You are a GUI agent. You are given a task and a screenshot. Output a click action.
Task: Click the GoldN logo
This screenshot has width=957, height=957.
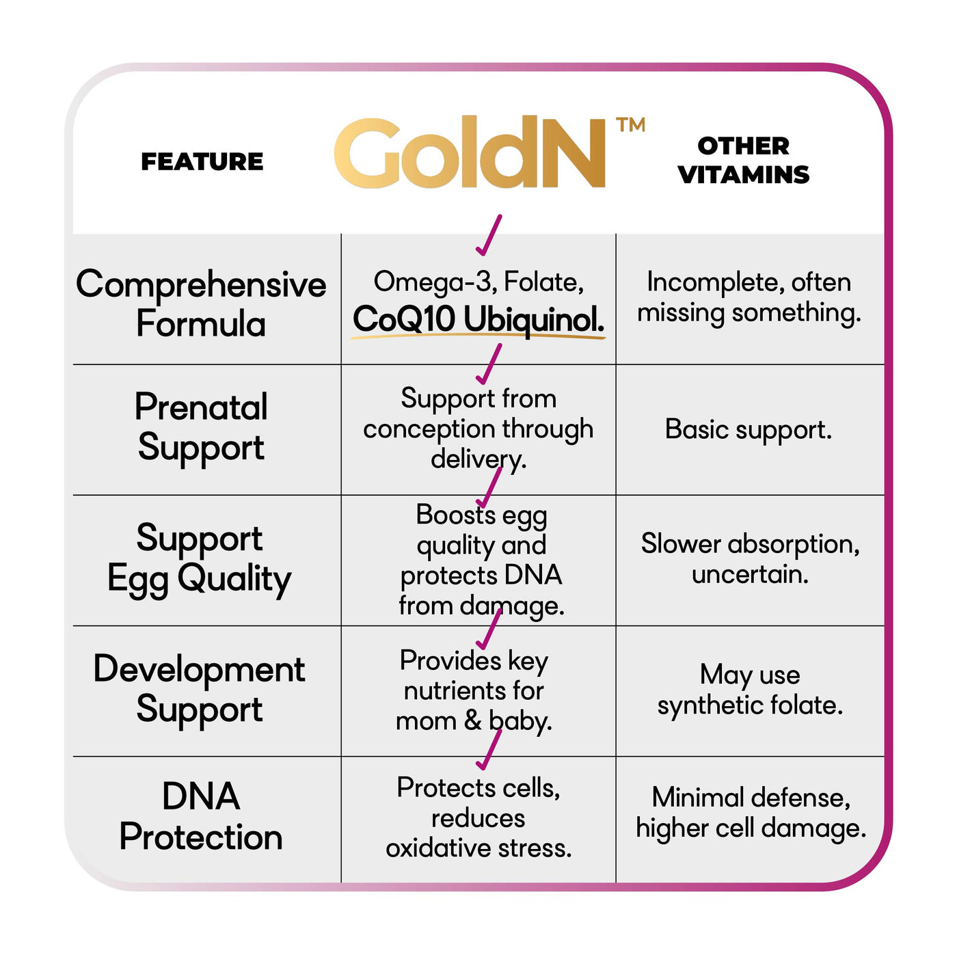[470, 154]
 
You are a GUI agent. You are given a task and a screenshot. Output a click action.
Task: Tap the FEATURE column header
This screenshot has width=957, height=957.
[202, 162]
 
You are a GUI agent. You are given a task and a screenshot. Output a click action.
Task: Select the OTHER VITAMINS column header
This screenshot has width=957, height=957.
[744, 160]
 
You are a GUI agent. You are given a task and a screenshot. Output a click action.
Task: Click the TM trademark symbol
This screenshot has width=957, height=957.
[630, 125]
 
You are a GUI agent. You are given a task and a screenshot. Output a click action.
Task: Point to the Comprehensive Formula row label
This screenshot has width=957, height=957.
[201, 303]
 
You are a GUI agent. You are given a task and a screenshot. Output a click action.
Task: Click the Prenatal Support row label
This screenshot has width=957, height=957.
[201, 427]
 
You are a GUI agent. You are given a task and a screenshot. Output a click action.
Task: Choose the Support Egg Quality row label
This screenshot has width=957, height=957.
[199, 558]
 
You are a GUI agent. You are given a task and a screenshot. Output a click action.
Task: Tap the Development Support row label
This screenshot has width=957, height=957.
[199, 688]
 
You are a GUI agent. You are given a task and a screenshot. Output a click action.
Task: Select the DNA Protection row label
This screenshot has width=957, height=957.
[201, 816]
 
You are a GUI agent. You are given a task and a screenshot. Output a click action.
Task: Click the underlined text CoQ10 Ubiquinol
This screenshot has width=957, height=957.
[478, 319]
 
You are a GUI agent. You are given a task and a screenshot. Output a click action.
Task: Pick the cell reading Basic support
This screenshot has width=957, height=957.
[749, 429]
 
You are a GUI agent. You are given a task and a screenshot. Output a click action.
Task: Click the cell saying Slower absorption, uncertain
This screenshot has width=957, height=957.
[750, 558]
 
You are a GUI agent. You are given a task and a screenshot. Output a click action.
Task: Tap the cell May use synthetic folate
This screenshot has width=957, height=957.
[750, 689]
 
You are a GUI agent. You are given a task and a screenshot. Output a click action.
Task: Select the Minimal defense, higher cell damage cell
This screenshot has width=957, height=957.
[751, 812]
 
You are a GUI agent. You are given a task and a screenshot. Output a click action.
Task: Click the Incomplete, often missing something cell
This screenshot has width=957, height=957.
[749, 297]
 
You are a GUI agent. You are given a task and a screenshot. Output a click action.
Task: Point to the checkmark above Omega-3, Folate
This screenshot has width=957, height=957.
[489, 236]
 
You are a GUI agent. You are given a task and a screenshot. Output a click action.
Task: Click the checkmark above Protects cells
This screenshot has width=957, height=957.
[489, 751]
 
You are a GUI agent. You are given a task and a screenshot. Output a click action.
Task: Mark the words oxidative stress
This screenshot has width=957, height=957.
[478, 848]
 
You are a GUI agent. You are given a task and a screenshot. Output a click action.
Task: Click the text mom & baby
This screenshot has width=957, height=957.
[474, 720]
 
